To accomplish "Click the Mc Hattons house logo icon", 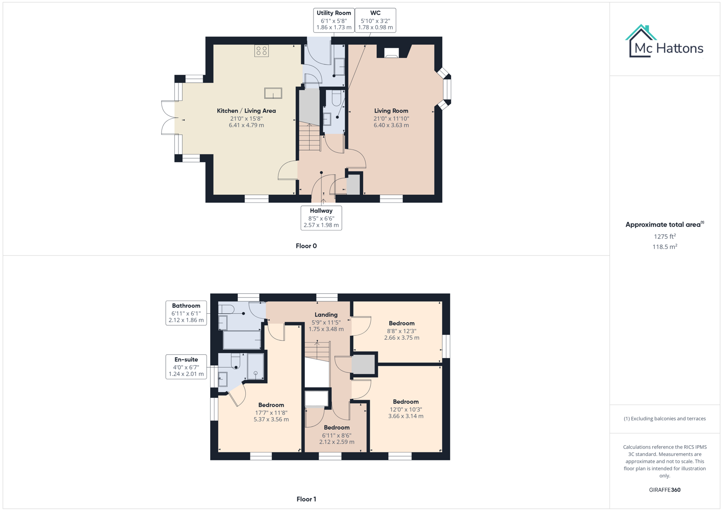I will pos(641,41).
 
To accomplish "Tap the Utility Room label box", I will pos(334,20).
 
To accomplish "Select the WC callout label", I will pos(375,20).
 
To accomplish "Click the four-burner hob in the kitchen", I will pos(261,51).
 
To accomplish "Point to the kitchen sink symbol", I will pos(273,93).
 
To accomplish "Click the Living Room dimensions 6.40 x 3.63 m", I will pos(391,125).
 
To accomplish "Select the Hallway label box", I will pos(321,218).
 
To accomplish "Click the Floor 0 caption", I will pos(306,246).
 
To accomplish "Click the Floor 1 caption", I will pos(306,499).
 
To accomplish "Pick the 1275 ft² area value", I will pos(664,237).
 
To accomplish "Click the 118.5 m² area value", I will pos(664,247).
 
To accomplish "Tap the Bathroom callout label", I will pos(186,313).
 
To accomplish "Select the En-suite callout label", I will pos(186,367).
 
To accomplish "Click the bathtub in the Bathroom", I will pos(241,340).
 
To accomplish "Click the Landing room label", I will pos(326,315).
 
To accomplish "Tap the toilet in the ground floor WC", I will pos(337,98).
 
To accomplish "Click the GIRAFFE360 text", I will pos(664,490).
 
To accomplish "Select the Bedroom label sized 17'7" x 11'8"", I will pos(271,412).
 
